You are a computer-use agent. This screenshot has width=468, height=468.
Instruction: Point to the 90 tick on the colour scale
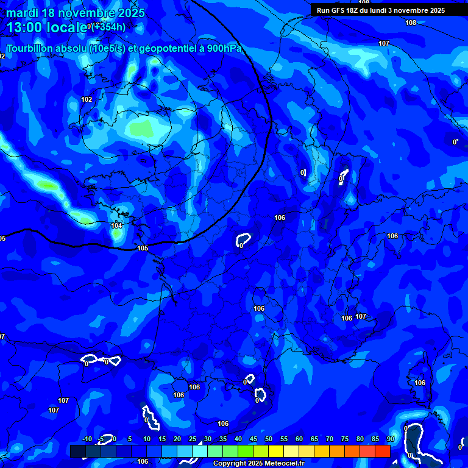390,439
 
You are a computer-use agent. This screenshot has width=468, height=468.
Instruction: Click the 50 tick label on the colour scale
268,439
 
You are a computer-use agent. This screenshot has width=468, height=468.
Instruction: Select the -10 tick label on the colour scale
87,439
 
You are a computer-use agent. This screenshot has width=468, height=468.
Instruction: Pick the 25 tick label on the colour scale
193,439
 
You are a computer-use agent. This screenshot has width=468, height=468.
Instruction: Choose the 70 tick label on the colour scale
329,439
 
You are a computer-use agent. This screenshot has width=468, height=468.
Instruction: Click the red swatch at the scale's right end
383,451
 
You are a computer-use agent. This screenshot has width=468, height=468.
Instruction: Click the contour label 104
117,226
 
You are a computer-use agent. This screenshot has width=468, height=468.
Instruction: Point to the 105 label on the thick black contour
143,248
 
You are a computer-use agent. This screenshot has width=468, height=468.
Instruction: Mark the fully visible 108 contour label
411,23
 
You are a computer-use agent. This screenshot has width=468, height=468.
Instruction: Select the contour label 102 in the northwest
87,99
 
